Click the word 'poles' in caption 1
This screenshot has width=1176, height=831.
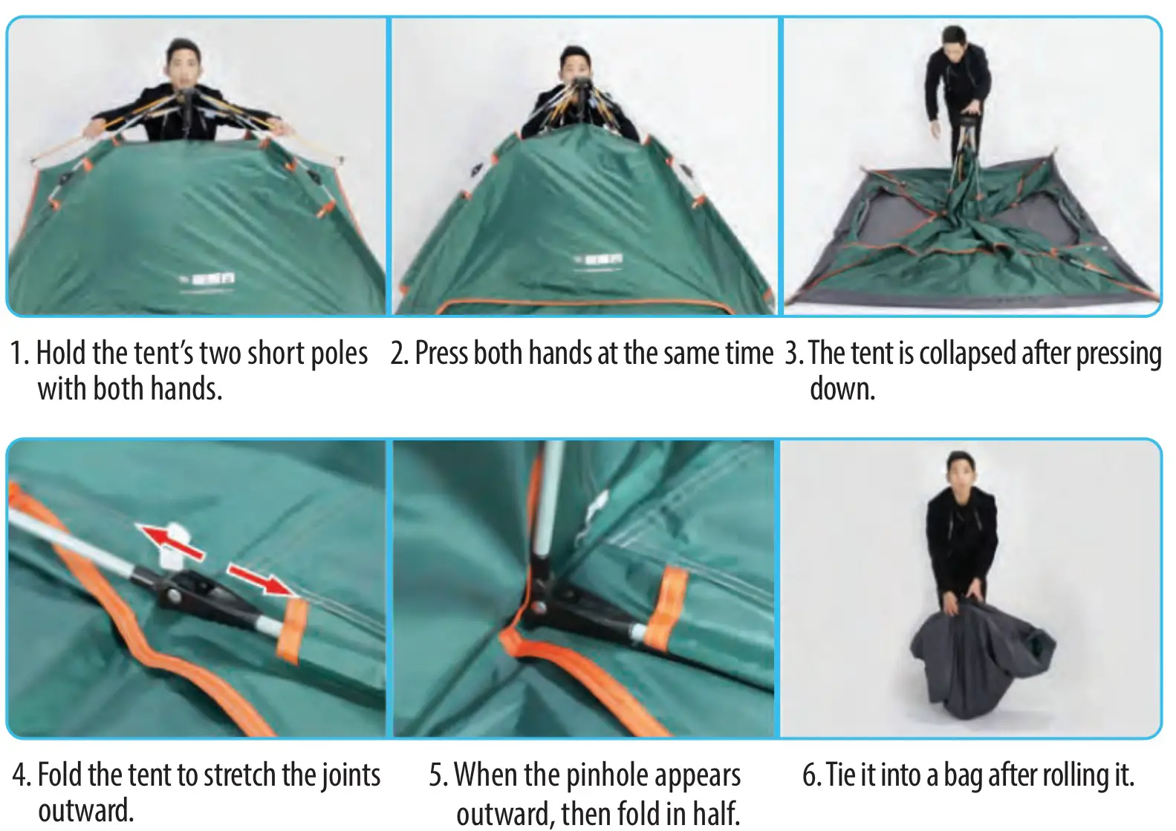coord(339,353)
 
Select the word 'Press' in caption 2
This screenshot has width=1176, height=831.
coord(442,353)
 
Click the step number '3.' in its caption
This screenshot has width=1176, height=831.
coord(794,353)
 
